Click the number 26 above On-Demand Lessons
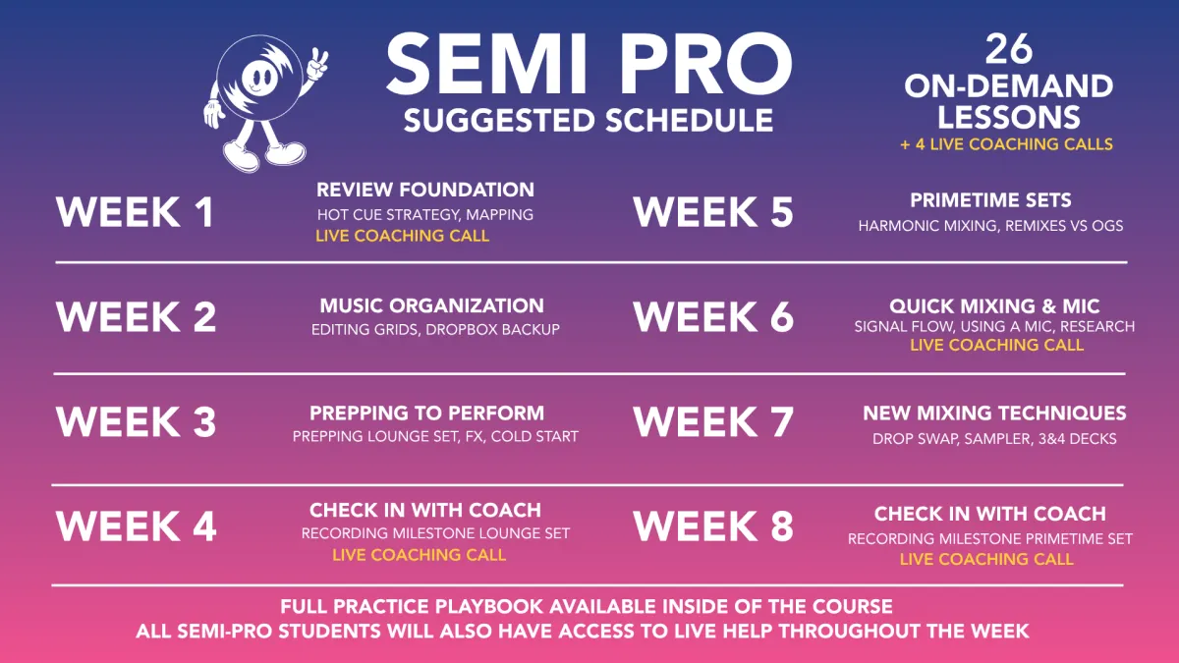point(1008,49)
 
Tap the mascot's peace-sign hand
point(317,65)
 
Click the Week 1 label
point(136,212)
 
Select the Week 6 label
point(713,316)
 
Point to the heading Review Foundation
point(425,190)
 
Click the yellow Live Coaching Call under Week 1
point(402,236)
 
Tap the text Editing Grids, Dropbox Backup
point(435,329)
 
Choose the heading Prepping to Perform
point(426,414)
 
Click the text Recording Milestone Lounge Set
point(435,533)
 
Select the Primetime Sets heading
point(990,200)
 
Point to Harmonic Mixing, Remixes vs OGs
point(990,226)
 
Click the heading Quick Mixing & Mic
point(994,306)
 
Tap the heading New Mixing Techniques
point(994,414)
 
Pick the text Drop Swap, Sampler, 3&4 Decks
point(994,439)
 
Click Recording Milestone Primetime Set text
point(990,539)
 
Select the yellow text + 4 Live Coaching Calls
point(1006,144)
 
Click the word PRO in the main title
point(705,64)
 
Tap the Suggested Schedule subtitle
point(589,121)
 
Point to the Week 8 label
point(713,526)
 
